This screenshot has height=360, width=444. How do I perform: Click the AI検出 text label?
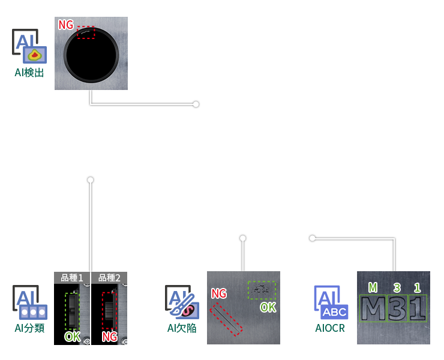29,73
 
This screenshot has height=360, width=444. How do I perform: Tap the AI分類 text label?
29,328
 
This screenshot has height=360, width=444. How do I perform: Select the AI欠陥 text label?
182,328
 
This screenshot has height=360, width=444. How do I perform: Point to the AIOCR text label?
330,328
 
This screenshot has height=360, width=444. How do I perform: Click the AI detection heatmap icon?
29,46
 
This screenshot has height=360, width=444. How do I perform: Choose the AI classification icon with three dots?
29,302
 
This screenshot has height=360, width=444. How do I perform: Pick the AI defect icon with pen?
182,301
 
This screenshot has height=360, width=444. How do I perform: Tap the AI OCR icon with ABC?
330,302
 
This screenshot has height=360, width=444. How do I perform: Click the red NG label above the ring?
65,25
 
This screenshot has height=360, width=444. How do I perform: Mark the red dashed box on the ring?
86,32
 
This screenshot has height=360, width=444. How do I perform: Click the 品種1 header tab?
72,278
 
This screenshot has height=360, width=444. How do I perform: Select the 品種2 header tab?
109,278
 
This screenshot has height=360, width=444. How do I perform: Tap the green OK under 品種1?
72,337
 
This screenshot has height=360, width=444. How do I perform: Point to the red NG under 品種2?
109,337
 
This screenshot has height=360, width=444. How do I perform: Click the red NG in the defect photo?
218,293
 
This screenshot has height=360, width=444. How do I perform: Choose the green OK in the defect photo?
268,307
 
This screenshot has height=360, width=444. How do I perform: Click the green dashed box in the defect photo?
262,290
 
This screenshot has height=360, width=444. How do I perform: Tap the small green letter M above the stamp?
373,287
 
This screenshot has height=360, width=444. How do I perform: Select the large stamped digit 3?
397,308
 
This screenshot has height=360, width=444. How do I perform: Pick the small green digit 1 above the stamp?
417,287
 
